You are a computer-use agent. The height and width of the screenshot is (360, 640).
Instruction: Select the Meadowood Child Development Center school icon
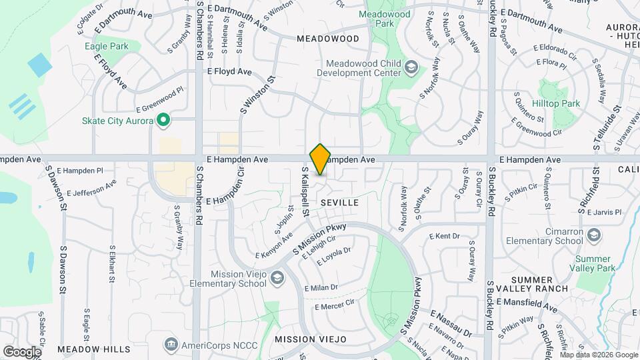[x=412, y=67]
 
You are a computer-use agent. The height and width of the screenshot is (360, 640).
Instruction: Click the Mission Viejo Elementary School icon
[x=277, y=279]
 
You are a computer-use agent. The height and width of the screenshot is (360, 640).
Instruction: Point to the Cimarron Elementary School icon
[x=594, y=235]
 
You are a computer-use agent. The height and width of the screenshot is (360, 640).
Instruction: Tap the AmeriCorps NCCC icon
[x=171, y=344]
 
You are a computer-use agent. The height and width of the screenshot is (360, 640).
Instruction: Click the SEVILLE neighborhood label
[x=339, y=201]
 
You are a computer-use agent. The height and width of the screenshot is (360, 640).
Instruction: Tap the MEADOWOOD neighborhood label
[x=327, y=39]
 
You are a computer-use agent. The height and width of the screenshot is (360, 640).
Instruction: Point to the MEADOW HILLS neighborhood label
[x=94, y=349]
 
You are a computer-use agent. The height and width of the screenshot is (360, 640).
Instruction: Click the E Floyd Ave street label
[x=229, y=71]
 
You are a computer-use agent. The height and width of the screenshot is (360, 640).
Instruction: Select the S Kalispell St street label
[x=305, y=192]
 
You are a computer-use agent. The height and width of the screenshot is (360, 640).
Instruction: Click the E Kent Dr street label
[x=445, y=236]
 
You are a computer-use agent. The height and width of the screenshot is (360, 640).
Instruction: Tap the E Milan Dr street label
[x=321, y=287]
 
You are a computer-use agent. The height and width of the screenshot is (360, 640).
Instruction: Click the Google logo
[x=22, y=351]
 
